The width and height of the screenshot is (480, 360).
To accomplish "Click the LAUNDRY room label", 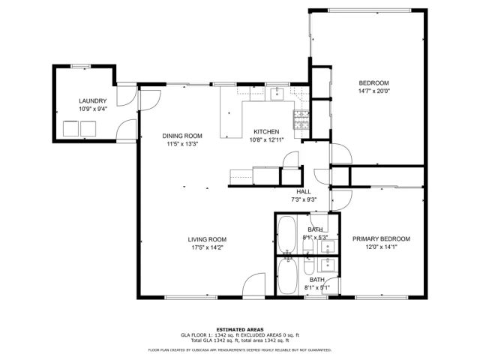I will pyautogui.click(x=93, y=100).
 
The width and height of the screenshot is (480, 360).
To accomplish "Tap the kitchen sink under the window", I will pyautogui.click(x=277, y=92).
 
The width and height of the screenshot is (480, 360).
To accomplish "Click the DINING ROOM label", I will pyautogui.click(x=183, y=136).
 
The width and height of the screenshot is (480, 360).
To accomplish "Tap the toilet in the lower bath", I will pyautogui.click(x=310, y=267).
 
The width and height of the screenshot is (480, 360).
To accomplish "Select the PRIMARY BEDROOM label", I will pyautogui.click(x=381, y=238).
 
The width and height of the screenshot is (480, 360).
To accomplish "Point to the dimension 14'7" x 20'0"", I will pyautogui.click(x=373, y=91).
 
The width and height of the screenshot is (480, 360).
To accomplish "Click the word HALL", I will pyautogui.click(x=304, y=192).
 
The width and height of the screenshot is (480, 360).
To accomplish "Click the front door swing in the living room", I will pyautogui.click(x=253, y=286).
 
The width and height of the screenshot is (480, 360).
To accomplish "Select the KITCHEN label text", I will pyautogui.click(x=266, y=131).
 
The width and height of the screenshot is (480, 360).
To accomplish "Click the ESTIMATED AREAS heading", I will pyautogui.click(x=239, y=329).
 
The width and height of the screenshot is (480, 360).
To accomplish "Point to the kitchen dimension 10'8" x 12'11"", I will pyautogui.click(x=266, y=139).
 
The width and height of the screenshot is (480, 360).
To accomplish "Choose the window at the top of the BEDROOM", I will pyautogui.click(x=366, y=10).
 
